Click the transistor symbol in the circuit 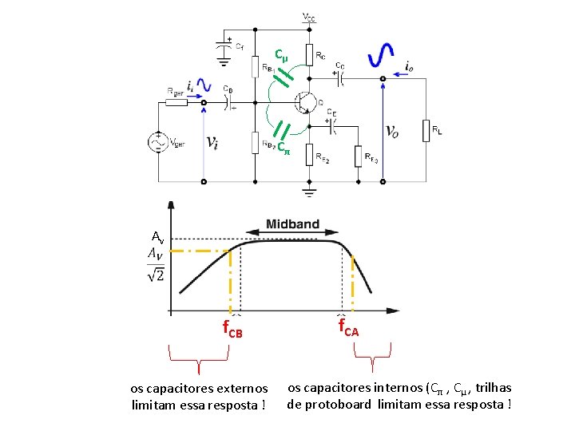(304, 101)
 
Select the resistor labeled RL (426, 130)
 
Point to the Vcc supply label (308, 16)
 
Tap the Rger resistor (176, 102)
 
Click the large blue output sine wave (381, 53)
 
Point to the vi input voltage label (212, 142)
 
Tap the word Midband (292, 224)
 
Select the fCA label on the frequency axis (348, 326)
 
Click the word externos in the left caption (239, 389)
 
